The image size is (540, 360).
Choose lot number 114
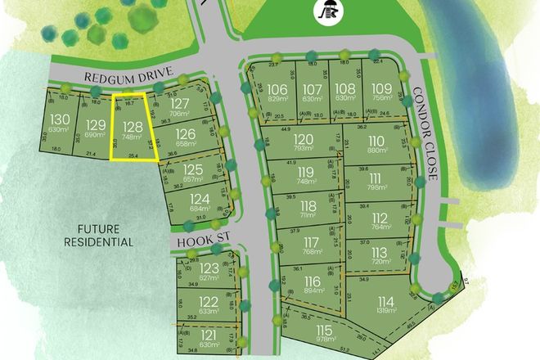385,301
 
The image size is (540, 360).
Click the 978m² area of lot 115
304,340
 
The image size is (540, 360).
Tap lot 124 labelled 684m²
199,200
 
